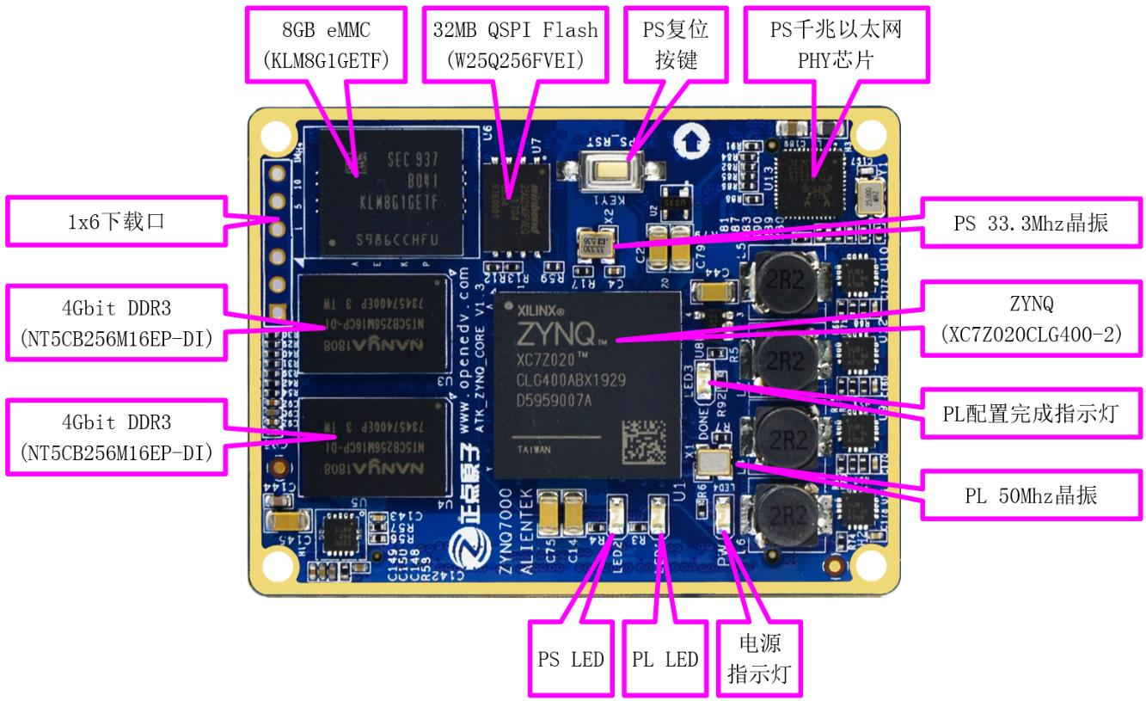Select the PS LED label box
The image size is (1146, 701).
coord(569,659)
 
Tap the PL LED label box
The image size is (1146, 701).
coord(664,659)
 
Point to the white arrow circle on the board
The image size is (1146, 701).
coord(688,140)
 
